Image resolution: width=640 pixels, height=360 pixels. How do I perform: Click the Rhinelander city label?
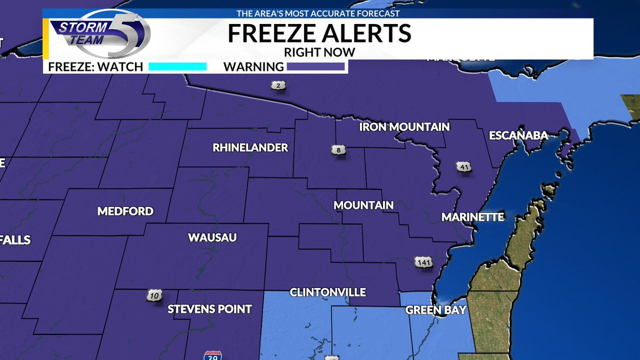250,148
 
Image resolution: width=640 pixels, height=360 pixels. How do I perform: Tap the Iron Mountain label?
404,127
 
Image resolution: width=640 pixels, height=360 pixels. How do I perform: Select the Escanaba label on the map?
518,135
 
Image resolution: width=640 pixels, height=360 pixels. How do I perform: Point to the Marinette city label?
473,217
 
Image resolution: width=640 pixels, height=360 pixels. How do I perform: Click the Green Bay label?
436,310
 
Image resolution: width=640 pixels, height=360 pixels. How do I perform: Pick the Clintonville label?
327,292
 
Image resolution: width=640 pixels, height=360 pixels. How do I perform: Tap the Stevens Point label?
210,309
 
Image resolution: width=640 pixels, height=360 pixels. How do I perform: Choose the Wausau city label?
212,237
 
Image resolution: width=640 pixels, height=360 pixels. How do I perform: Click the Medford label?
125,211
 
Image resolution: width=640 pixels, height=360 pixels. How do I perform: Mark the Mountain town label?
363,205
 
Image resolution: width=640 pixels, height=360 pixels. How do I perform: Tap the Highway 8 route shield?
338,151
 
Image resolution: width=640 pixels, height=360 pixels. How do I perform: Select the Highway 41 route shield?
463,166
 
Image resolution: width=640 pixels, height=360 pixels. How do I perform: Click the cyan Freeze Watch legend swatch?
177,67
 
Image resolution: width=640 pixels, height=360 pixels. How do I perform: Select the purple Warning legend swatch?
316,67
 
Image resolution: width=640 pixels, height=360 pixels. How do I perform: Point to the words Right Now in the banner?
319,52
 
